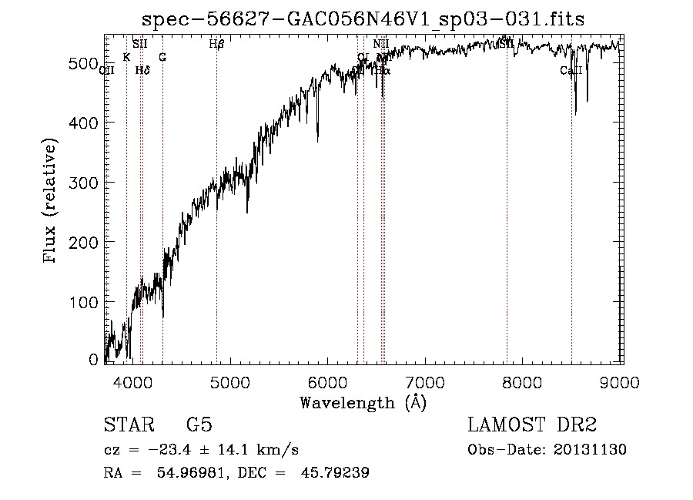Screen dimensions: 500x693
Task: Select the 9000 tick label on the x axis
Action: (x=621, y=381)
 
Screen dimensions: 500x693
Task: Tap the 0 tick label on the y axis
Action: (x=93, y=360)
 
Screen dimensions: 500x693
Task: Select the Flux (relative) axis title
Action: (x=52, y=202)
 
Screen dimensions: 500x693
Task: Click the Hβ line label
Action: (x=216, y=45)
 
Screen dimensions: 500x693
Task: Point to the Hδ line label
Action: (x=142, y=70)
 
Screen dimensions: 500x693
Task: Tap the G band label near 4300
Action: (x=162, y=57)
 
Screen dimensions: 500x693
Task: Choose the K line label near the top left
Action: (x=126, y=57)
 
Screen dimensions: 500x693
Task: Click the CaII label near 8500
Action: (x=571, y=71)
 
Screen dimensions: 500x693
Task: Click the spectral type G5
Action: (x=199, y=426)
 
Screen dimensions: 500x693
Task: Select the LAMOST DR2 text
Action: (x=532, y=426)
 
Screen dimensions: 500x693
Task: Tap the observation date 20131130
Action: (x=590, y=450)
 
